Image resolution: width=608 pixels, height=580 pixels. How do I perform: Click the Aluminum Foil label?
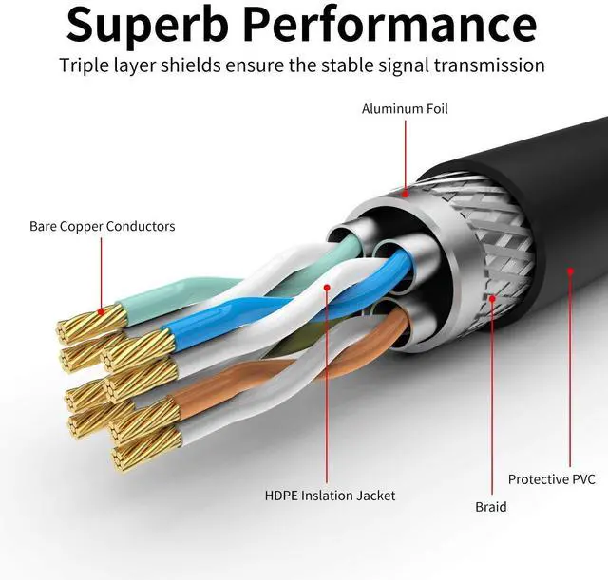tap(405, 109)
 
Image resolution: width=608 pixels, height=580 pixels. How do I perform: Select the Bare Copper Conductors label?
tap(102, 226)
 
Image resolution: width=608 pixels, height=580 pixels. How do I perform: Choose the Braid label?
tap(491, 507)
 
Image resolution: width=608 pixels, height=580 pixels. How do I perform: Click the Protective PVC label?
tap(551, 479)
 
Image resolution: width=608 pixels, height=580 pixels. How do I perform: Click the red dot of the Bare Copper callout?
tap(100, 312)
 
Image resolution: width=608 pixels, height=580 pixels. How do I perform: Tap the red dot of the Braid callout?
tap(493, 299)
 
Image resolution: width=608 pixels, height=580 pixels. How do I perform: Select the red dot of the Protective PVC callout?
tap(570, 271)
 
